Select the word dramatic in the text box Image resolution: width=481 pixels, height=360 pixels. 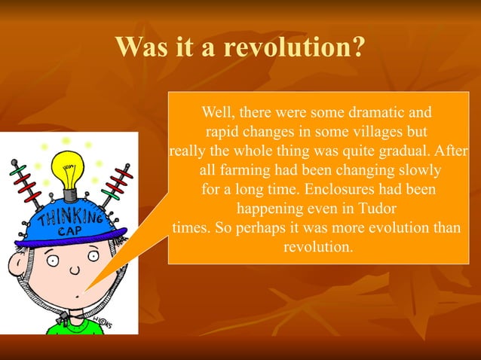click(x=374, y=113)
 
